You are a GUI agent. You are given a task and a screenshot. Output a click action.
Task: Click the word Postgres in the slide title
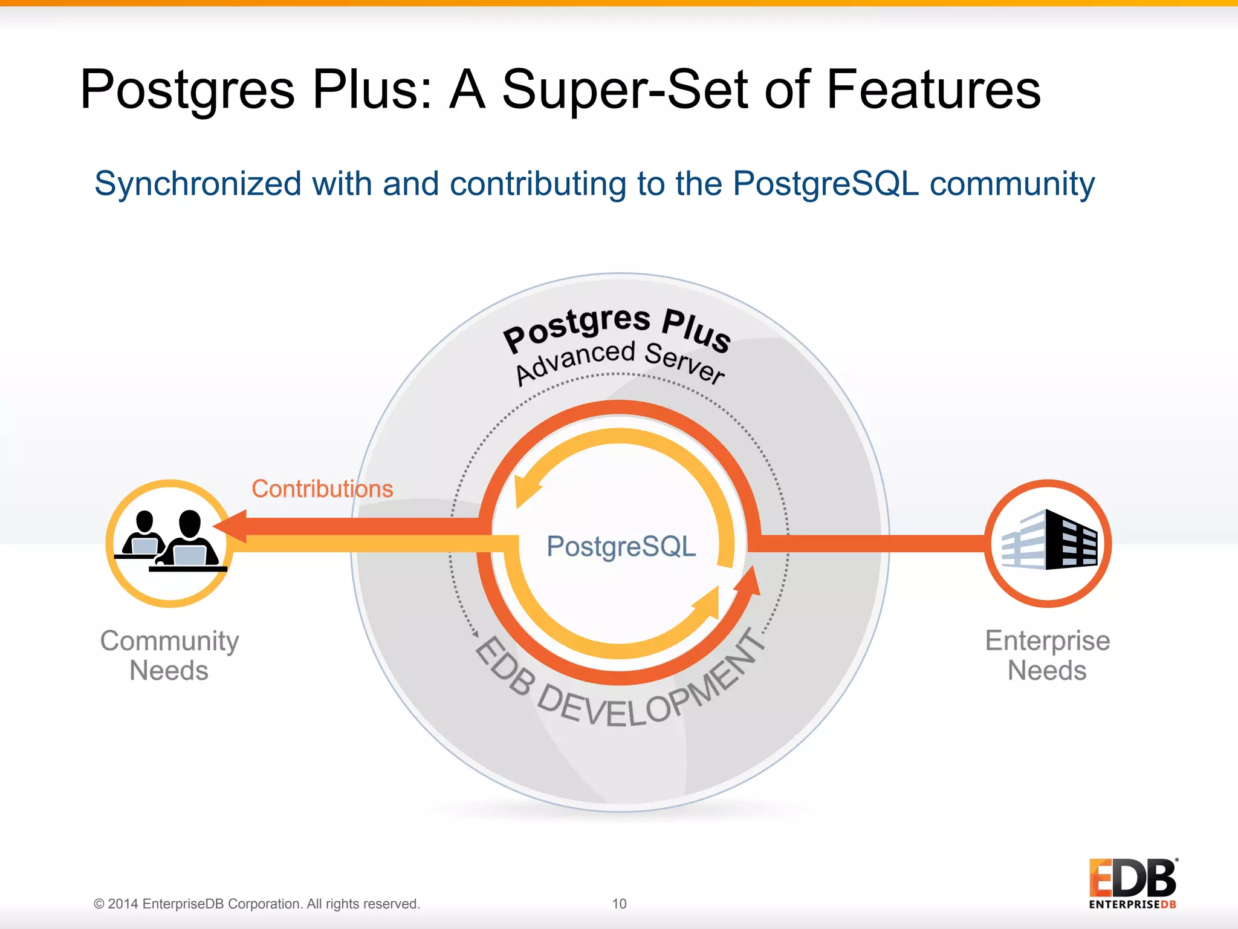pyautogui.click(x=187, y=91)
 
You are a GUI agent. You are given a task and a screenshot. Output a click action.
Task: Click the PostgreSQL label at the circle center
pyautogui.click(x=621, y=546)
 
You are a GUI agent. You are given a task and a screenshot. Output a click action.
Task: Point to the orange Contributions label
pyautogui.click(x=322, y=489)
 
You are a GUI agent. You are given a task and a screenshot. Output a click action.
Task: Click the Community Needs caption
pyautogui.click(x=169, y=656)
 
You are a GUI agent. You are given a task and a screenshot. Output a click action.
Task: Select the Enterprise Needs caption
pyautogui.click(x=1048, y=656)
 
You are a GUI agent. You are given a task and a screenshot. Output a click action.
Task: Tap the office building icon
pyautogui.click(x=1049, y=540)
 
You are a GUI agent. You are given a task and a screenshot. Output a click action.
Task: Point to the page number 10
pyautogui.click(x=619, y=904)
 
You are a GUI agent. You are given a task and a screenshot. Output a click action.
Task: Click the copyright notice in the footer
pyautogui.click(x=256, y=904)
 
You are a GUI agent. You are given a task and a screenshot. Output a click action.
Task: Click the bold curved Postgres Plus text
pyautogui.click(x=617, y=327)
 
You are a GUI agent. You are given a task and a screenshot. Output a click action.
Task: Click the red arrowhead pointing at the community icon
pyautogui.click(x=232, y=527)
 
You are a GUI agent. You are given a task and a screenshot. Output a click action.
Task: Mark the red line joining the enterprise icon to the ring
pyautogui.click(x=870, y=543)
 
